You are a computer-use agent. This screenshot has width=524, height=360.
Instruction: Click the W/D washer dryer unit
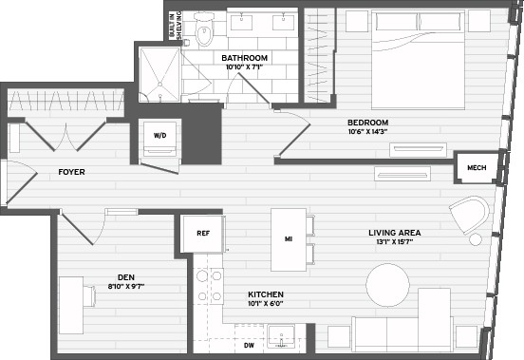(x=159, y=136)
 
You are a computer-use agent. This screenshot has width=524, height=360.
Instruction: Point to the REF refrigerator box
(x=202, y=233)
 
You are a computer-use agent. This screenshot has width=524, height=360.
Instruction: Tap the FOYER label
(x=73, y=172)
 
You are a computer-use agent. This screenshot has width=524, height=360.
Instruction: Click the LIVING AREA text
(x=394, y=232)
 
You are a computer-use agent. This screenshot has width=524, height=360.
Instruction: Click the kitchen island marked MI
(x=289, y=239)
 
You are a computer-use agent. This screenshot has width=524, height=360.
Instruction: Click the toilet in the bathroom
(x=202, y=33)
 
